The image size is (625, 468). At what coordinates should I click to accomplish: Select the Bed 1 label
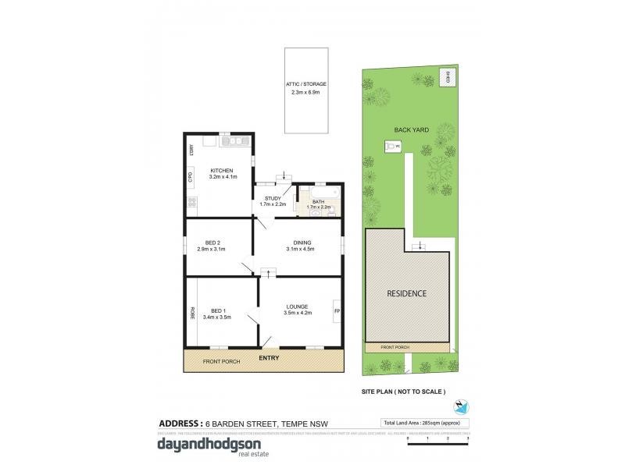pos(217,314)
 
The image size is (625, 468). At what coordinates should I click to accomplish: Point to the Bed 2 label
pos(211,246)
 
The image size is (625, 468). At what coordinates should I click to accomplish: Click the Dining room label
pos(302,246)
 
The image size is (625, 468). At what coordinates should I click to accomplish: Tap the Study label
pos(273,201)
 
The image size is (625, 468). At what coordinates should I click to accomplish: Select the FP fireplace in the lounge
pos(337,310)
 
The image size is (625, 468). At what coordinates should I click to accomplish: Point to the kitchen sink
pos(232,141)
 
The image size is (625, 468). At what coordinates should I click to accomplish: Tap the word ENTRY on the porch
pos(270,357)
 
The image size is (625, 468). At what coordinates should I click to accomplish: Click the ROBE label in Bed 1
pos(191,312)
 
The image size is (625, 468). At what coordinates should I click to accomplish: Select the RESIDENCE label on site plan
pos(407,293)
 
